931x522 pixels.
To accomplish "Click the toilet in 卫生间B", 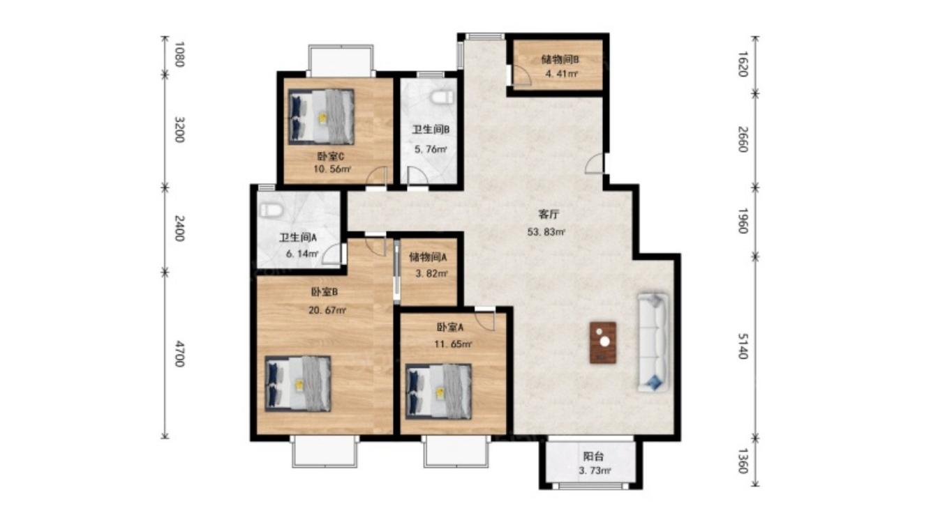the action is (x=441, y=98).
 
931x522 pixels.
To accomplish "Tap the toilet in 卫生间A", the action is (x=271, y=210).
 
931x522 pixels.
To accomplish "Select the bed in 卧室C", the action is (x=321, y=116).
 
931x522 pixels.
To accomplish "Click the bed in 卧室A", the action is (x=438, y=391).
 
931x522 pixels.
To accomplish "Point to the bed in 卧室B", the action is (x=298, y=383).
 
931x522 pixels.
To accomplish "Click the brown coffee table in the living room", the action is (x=603, y=343).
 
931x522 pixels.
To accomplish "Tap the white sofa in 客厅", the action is (x=653, y=343).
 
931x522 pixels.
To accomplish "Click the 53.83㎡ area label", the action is (x=546, y=232).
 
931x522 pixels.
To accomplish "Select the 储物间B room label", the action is (x=560, y=60).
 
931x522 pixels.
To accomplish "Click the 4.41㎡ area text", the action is (x=561, y=75).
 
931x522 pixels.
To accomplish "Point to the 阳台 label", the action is (x=593, y=457).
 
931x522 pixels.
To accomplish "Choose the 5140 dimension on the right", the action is (x=743, y=346).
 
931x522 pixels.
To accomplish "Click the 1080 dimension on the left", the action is (x=179, y=54).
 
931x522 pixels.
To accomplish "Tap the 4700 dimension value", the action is (x=179, y=354).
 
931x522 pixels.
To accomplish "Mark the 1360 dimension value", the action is (x=743, y=461).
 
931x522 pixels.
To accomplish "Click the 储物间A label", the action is (x=428, y=258).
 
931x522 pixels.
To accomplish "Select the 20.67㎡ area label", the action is (x=327, y=310).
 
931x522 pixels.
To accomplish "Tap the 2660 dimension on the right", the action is (x=743, y=139).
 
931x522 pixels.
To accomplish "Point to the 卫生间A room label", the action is (x=297, y=238).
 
